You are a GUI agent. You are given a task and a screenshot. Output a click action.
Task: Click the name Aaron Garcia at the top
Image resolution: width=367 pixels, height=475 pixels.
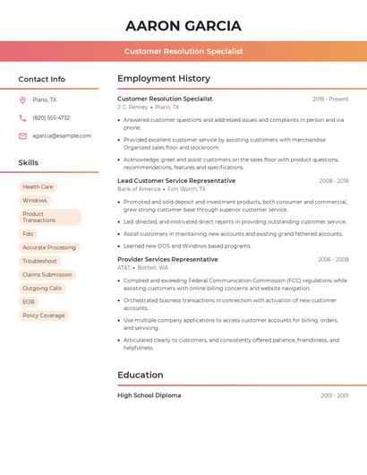coord(183,26)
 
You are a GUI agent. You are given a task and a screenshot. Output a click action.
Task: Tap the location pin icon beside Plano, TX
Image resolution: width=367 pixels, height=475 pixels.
coord(22,99)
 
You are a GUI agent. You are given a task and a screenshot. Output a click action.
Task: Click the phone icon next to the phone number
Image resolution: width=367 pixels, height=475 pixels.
coord(22,117)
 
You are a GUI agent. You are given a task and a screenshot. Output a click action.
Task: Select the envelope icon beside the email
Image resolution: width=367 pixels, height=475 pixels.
coord(22,135)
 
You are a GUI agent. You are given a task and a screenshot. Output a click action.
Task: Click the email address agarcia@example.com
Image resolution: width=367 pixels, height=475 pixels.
coord(62,135)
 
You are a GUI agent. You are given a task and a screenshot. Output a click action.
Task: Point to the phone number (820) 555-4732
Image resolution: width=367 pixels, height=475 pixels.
coord(51,117)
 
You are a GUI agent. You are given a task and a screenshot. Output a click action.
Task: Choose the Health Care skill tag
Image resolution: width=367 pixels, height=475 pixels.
coord(38,186)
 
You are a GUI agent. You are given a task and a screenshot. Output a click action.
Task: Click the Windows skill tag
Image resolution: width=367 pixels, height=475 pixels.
coord(35,200)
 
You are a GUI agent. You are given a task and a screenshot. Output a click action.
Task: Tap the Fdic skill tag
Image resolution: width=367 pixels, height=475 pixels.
coord(29,233)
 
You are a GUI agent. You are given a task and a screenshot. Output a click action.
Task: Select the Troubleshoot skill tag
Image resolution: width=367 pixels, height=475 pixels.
coord(39,261)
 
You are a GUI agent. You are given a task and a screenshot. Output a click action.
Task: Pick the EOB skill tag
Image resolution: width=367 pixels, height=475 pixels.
coord(29,301)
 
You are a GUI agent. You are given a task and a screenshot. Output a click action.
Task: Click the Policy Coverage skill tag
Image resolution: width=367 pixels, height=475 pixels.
coord(44,315)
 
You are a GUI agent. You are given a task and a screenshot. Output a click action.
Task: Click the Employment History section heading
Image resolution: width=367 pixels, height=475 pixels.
coord(164,79)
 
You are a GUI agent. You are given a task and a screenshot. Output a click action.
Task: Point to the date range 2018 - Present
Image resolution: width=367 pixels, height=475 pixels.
coord(330,99)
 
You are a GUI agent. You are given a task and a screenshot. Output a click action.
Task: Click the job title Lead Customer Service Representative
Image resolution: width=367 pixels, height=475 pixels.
coord(176,180)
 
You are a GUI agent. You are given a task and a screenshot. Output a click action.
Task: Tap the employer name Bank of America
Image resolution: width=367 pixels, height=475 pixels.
coord(139,189)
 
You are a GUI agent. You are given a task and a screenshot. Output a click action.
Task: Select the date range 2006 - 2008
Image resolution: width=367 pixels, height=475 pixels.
coord(333,259)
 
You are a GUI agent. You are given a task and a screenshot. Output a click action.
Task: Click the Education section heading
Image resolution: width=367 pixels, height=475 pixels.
coord(141,375)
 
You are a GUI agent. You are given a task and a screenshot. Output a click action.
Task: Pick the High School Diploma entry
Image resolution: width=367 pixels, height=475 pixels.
coord(149,395)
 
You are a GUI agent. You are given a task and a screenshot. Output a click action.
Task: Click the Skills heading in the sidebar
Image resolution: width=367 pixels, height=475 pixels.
coord(29,162)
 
